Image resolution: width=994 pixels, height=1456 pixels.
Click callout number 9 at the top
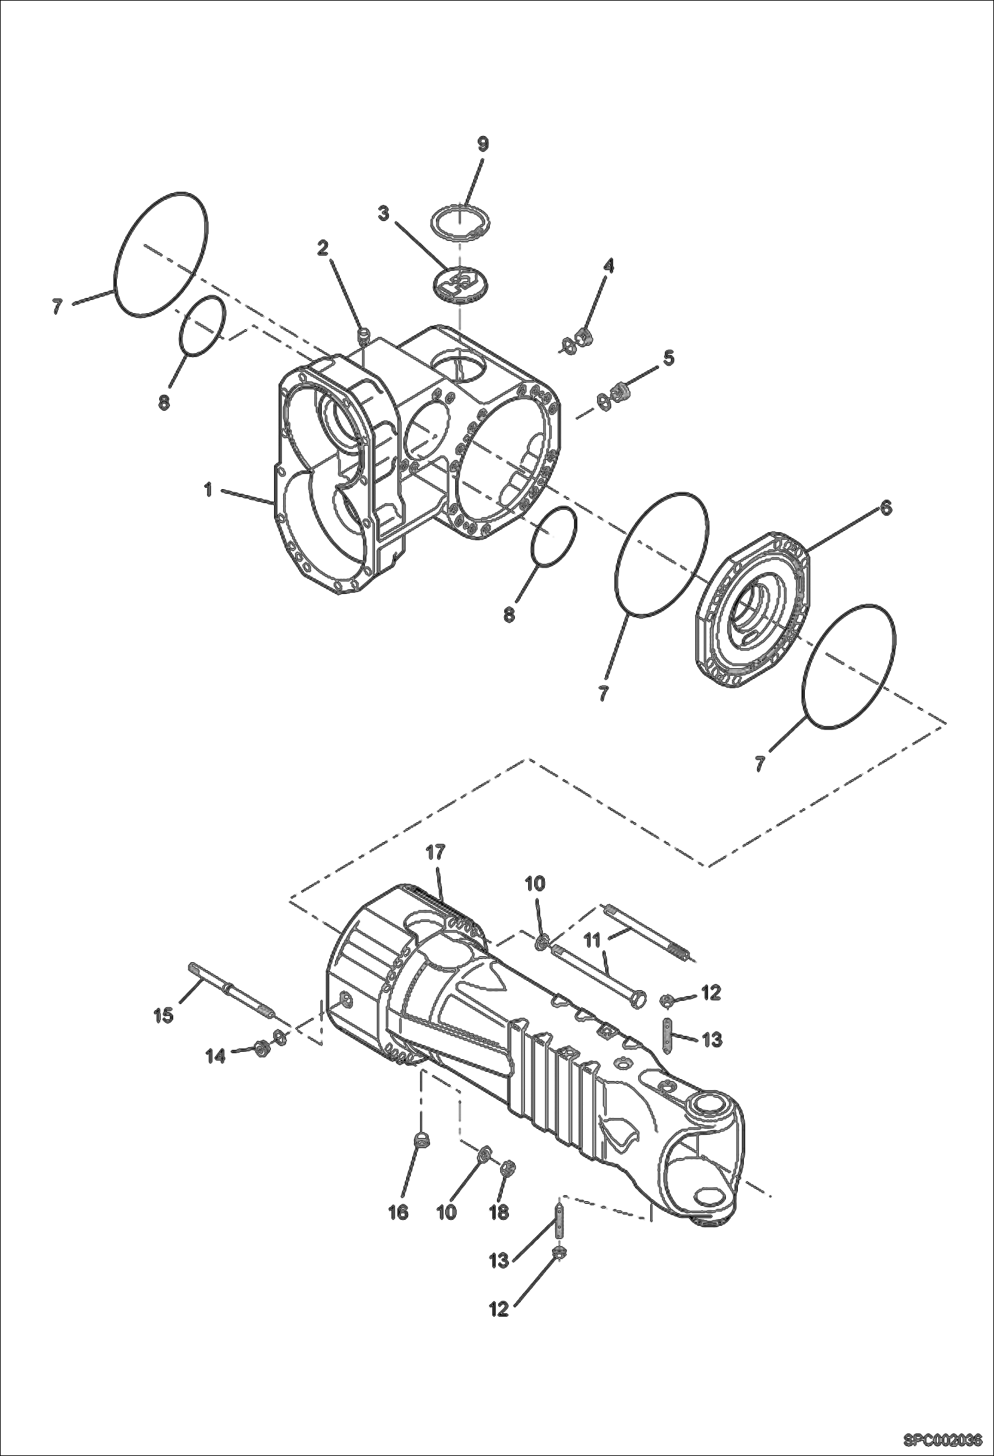point(482,144)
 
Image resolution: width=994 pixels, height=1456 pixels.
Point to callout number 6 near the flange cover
point(886,508)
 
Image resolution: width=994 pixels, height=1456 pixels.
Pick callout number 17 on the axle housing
point(436,853)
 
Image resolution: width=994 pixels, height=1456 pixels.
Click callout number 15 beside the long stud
point(163,1014)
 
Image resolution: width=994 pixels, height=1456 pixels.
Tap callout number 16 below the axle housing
point(398,1212)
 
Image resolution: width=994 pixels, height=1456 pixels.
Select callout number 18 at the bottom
point(499,1212)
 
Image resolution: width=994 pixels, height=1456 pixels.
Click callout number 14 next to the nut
point(215,1055)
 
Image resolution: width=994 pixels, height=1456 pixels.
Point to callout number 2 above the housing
point(322,248)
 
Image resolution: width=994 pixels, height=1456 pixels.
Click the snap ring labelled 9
point(462,220)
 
